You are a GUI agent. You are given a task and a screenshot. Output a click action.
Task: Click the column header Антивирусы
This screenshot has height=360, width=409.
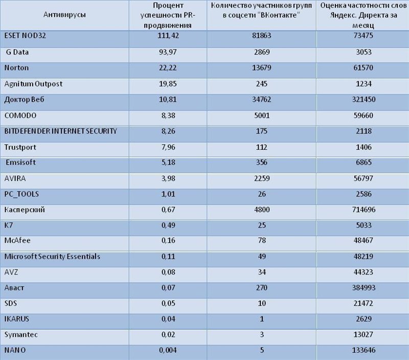click(x=64, y=15)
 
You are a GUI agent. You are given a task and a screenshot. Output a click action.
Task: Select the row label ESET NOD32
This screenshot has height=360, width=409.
click(x=25, y=35)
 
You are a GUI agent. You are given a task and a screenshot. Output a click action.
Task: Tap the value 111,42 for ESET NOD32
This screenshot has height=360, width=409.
click(x=168, y=35)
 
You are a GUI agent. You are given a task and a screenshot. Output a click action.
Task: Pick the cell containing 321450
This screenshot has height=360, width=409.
click(x=363, y=99)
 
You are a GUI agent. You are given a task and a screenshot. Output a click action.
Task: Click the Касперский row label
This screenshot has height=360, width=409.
click(x=25, y=210)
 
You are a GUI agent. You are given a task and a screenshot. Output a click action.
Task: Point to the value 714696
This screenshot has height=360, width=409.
click(x=363, y=210)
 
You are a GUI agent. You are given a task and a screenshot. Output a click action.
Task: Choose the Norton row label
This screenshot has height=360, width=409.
click(x=16, y=68)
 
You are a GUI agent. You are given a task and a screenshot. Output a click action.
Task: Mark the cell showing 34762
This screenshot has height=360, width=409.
click(x=262, y=99)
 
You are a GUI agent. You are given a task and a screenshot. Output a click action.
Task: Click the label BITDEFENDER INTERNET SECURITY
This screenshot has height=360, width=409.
click(x=60, y=131)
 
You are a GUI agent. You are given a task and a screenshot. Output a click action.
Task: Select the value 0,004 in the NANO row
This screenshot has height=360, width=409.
click(x=168, y=350)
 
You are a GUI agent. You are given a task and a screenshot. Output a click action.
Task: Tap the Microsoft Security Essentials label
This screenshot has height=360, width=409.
click(x=52, y=256)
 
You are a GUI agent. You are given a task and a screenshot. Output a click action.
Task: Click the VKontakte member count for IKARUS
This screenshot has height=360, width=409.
click(x=262, y=319)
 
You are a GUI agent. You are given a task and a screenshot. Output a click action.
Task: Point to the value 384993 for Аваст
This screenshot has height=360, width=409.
click(x=363, y=287)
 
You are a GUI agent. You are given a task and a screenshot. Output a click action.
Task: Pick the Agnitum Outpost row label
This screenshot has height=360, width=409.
click(x=33, y=84)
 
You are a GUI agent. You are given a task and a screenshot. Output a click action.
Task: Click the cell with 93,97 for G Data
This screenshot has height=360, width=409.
click(x=168, y=52)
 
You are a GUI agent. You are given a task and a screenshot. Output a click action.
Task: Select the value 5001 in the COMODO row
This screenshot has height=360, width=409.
click(x=262, y=116)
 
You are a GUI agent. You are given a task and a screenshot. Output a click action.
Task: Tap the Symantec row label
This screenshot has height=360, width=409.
click(x=21, y=335)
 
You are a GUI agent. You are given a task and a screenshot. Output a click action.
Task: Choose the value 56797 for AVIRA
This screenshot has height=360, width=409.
click(x=363, y=178)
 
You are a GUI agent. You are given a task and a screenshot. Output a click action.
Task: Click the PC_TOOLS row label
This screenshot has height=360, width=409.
click(x=21, y=194)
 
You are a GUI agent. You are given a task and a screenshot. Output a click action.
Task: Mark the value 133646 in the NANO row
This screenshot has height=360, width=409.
click(x=363, y=350)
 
